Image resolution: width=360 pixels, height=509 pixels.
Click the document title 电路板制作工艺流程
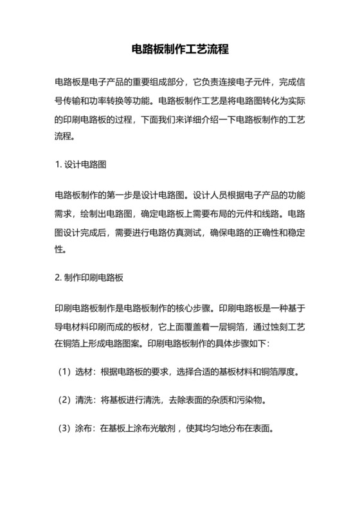[x=180, y=49]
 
